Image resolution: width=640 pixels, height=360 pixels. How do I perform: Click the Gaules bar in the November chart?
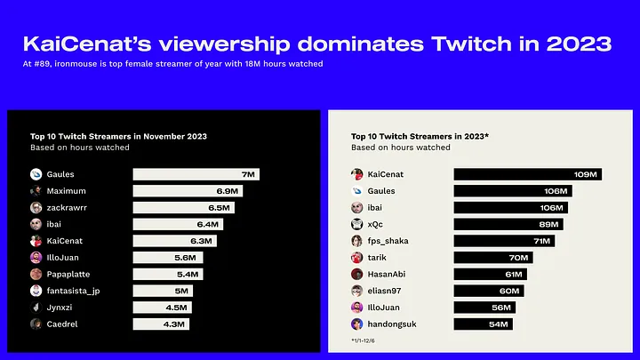[196, 174]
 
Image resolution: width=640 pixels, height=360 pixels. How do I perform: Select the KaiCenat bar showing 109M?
[527, 174]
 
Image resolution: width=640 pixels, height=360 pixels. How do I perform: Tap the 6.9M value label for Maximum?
[228, 191]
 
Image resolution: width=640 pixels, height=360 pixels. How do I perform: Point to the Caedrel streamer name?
[63, 324]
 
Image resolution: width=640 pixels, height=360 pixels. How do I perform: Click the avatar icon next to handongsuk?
[356, 324]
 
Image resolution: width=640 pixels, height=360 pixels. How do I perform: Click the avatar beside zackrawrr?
[36, 207]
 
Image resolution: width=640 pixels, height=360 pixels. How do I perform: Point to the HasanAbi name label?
[389, 274]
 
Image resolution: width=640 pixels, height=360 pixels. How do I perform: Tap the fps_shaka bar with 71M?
[504, 241]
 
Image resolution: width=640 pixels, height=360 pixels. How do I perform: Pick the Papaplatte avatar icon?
[36, 274]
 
